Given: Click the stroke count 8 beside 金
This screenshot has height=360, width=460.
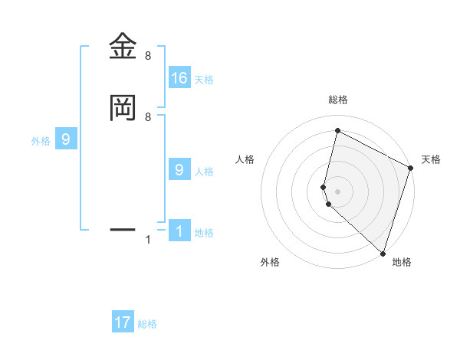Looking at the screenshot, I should [x=148, y=56].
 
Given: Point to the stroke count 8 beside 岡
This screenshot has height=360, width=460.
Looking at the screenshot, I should [x=148, y=116].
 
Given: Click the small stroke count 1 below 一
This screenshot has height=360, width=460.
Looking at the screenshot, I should [x=148, y=241].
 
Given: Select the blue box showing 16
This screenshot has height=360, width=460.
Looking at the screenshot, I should [x=179, y=77].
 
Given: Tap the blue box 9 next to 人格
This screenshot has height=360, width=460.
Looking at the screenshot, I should [x=179, y=170].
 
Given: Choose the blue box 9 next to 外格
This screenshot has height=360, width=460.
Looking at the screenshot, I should [x=66, y=139].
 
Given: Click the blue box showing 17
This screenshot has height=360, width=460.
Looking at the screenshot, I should [x=123, y=322].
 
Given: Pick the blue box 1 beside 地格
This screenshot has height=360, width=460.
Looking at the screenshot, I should [x=179, y=231].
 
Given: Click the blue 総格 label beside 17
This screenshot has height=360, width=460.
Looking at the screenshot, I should [x=147, y=324].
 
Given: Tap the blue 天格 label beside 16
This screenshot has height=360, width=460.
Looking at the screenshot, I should [x=204, y=79].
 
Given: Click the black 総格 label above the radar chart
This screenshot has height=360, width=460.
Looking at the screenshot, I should [x=338, y=100].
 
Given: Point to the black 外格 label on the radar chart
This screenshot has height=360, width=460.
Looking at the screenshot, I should [x=270, y=262].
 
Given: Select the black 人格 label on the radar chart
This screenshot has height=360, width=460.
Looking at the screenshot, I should [x=245, y=159].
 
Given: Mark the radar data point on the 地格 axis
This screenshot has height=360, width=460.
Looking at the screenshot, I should [x=383, y=252].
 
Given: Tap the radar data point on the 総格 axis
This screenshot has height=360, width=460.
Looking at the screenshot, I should [x=337, y=131].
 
